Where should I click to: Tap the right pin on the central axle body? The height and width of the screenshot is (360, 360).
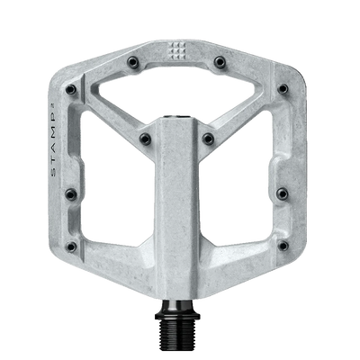pyautogui.click(x=208, y=138)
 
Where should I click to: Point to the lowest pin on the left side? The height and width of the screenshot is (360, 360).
pyautogui.click(x=72, y=244)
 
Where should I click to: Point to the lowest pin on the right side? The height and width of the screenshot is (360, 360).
pyautogui.click(x=289, y=244)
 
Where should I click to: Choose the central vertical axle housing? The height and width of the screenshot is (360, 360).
pyautogui.click(x=181, y=198)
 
